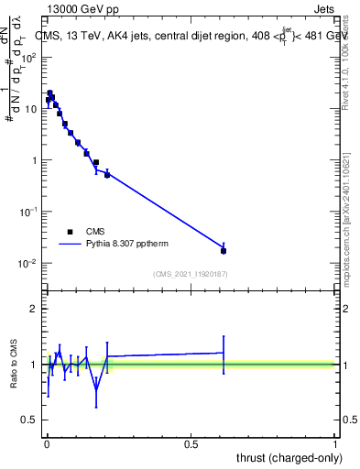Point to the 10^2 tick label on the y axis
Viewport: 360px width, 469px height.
[30, 57]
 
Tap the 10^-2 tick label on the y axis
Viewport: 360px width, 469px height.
[30, 264]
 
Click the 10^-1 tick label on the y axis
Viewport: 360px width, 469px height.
[30, 212]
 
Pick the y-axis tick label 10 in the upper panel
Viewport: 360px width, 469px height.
[32, 109]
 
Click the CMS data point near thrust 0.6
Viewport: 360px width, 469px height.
[224, 250]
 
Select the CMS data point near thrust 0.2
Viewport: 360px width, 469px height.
[107, 174]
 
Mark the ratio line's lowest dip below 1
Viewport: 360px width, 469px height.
[96, 388]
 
